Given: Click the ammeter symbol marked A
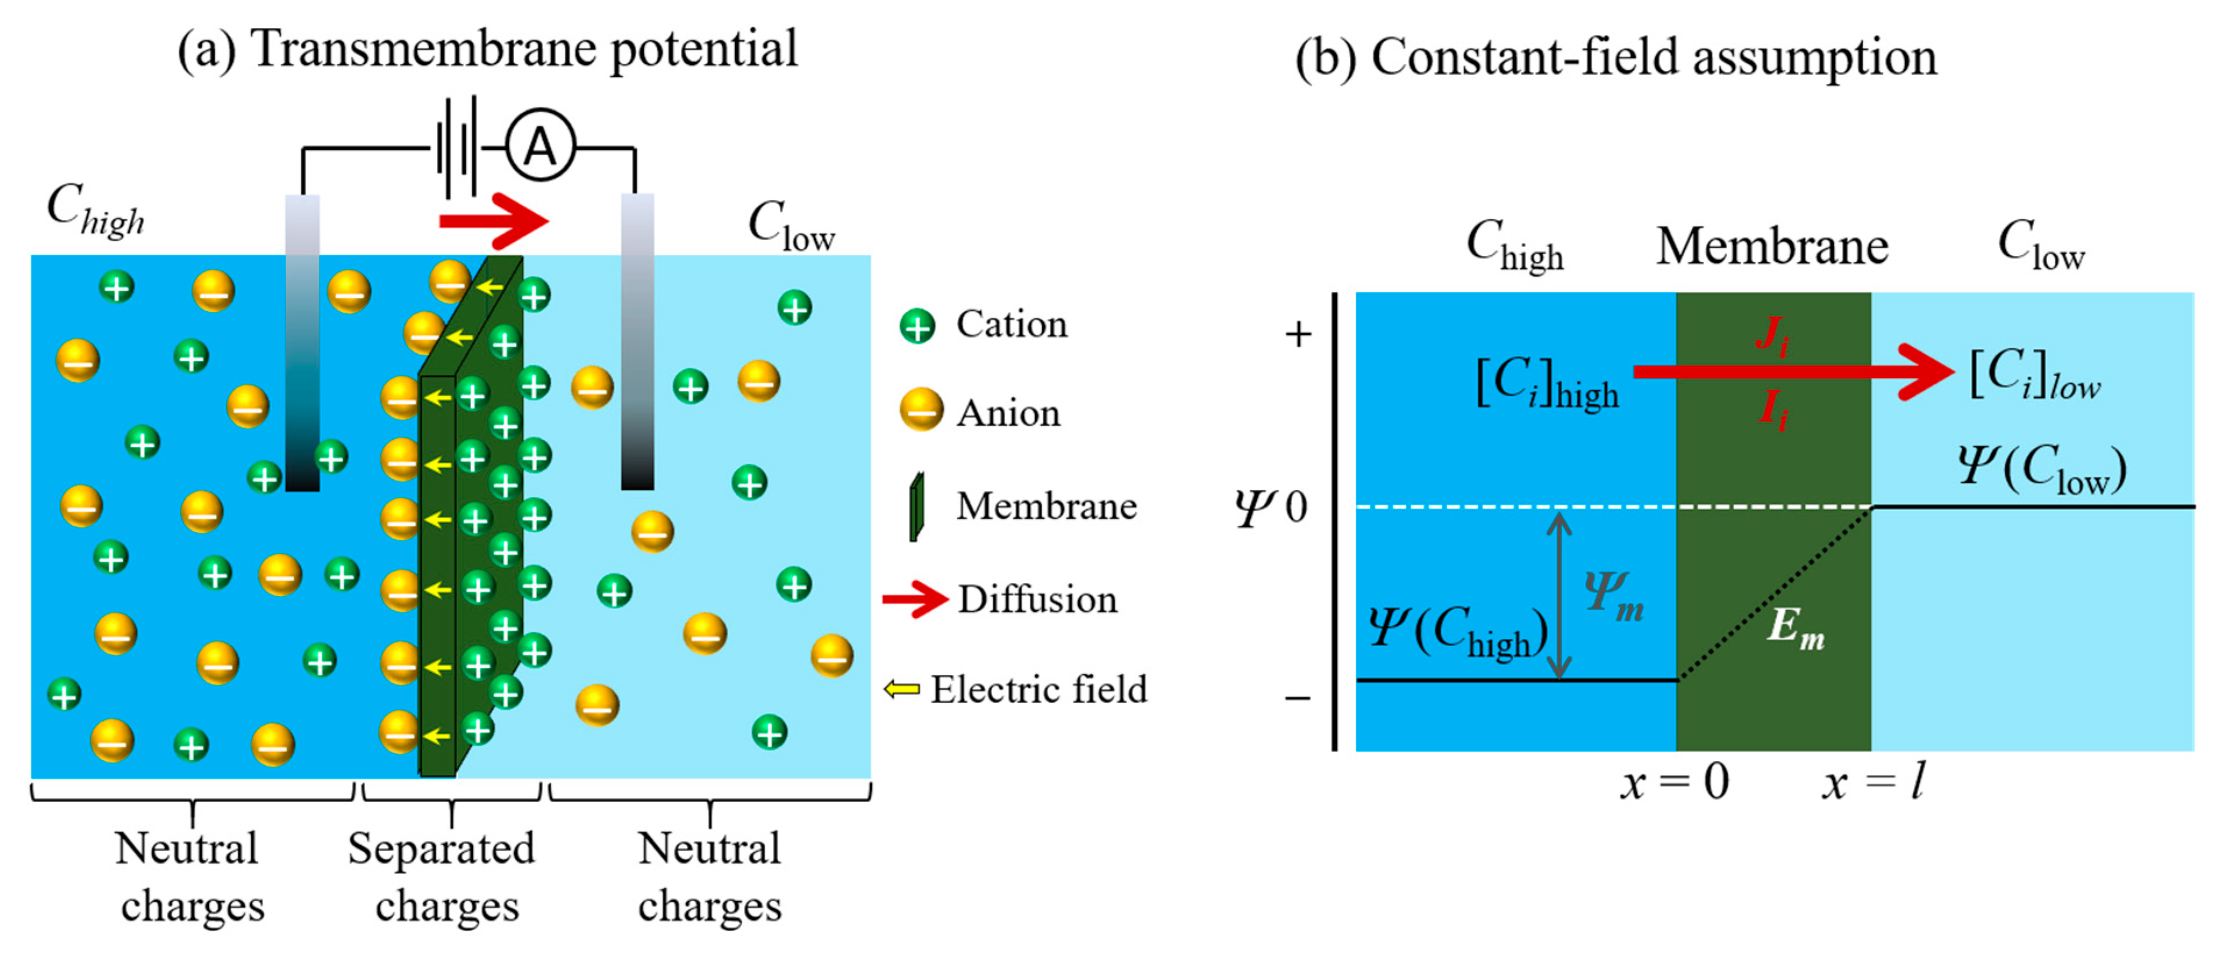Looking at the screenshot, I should [x=540, y=146].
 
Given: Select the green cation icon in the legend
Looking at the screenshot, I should [x=917, y=326].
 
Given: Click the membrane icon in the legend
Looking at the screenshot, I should [x=917, y=507].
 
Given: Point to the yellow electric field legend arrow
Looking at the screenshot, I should [x=902, y=689].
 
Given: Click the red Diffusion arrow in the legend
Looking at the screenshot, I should [x=915, y=599].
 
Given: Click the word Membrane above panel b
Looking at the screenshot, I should [x=1772, y=247].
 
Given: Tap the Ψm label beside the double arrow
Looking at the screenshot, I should [x=1613, y=595].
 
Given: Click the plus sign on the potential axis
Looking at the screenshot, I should [x=1297, y=334].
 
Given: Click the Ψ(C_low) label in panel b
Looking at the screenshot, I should [x=2041, y=469].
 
